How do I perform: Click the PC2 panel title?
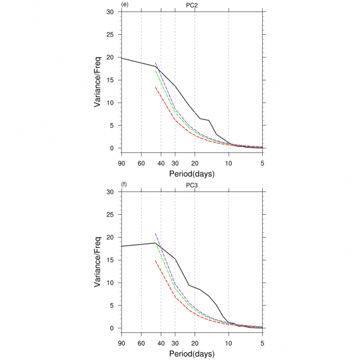click(192, 5)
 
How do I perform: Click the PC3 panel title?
click(192, 185)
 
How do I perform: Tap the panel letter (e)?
click(125, 5)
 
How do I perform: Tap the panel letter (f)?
click(124, 185)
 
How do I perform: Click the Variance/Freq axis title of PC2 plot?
click(97, 80)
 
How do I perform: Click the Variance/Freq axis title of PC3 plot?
click(97, 260)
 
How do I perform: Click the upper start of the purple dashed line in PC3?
click(155, 233)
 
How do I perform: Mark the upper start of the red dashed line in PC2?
click(155, 87)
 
